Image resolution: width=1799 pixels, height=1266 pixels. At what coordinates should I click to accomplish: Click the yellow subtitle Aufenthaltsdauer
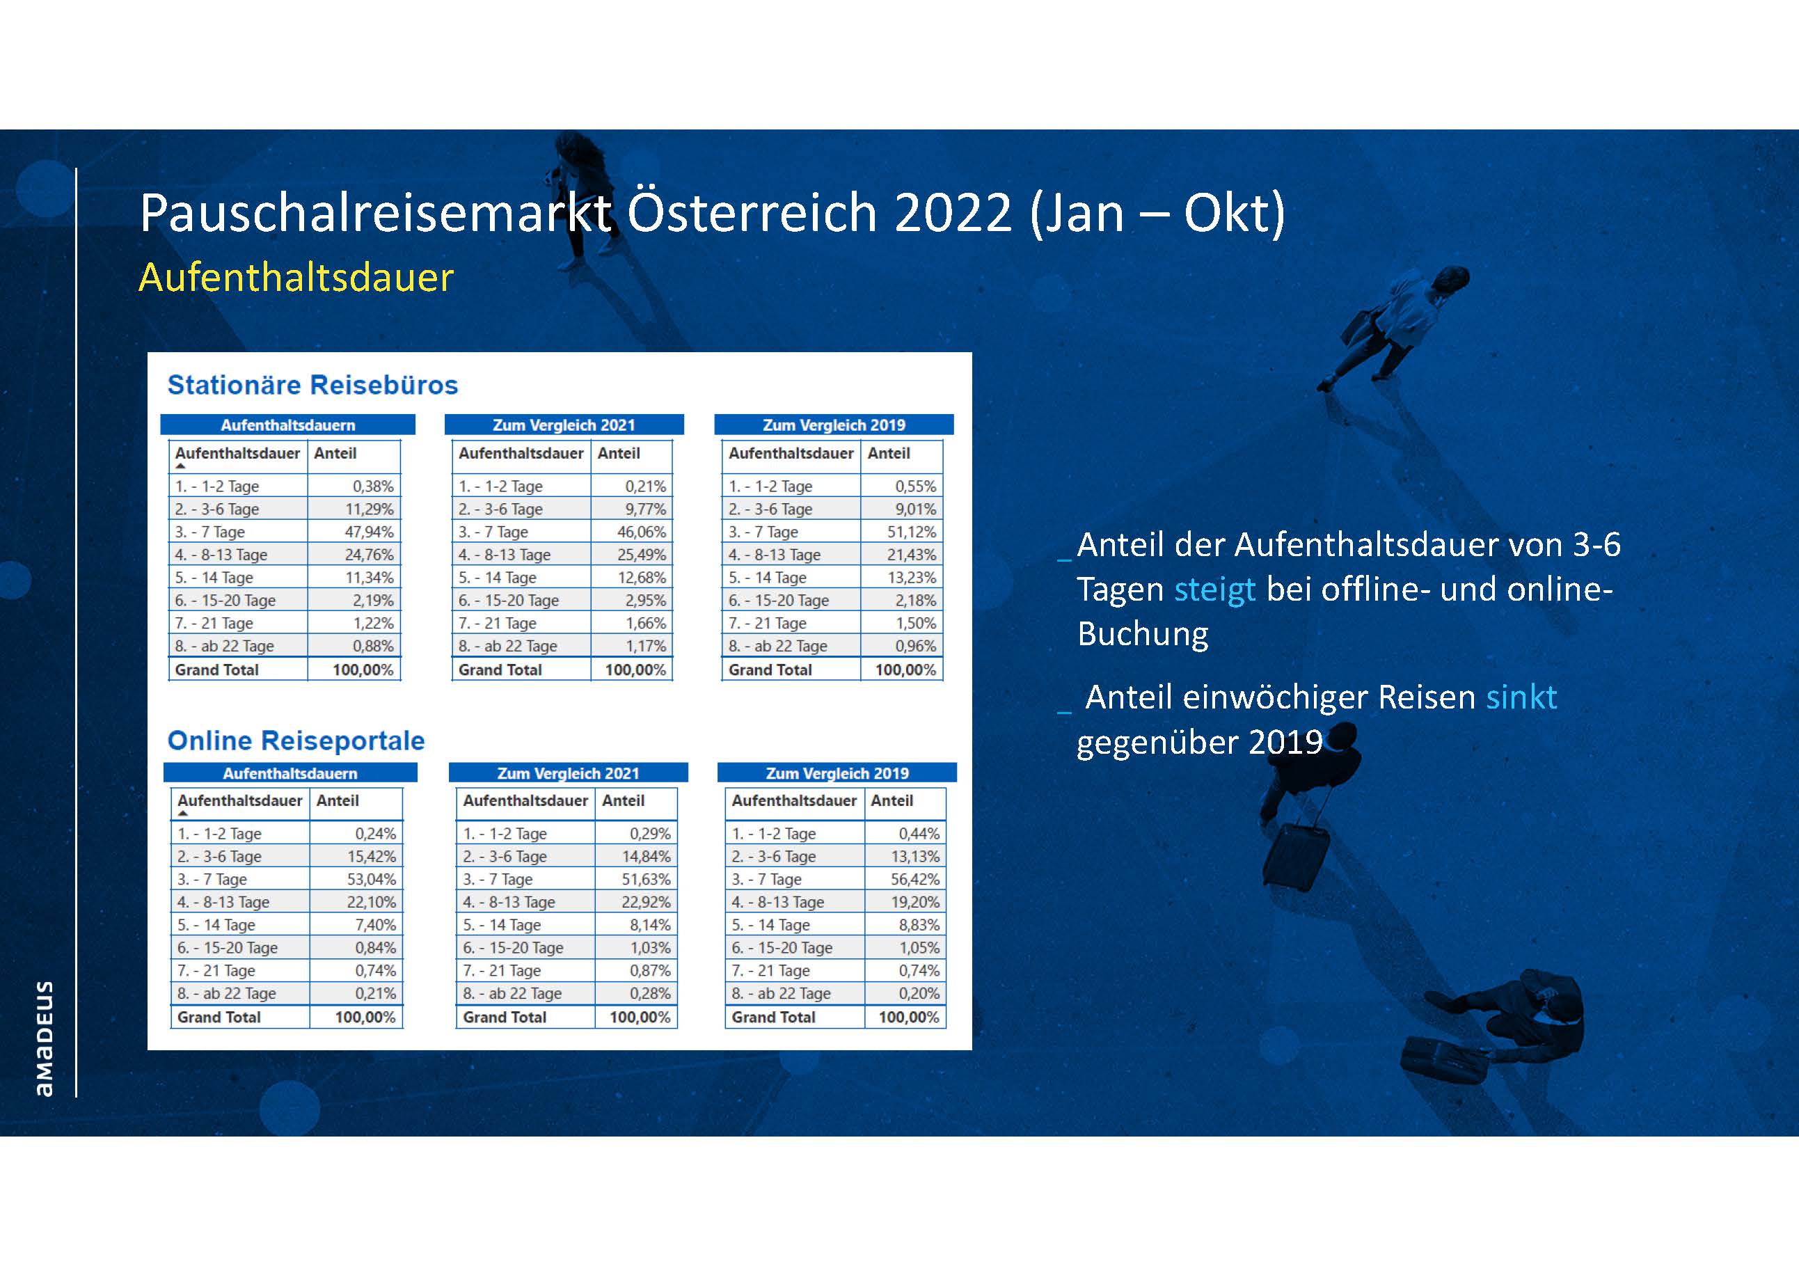point(296,277)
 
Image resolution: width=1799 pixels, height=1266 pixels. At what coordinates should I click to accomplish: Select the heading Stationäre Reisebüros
point(312,385)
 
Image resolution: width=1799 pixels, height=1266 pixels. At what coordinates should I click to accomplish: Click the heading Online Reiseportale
point(296,741)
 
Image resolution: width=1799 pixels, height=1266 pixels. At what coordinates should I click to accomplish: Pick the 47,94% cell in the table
point(369,532)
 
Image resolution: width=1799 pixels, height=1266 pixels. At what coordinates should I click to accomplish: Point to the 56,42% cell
point(914,879)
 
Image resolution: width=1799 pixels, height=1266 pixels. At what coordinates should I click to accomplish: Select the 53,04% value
point(372,879)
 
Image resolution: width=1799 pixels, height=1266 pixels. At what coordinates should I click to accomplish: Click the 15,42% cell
point(372,856)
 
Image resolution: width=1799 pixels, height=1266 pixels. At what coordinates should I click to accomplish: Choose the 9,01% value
point(916,509)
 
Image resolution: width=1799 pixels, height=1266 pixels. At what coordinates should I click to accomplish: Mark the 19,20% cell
point(914,902)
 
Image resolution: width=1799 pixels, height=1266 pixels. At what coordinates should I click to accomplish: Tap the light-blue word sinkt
point(1521,697)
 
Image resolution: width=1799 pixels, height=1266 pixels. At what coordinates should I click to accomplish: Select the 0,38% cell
point(373,486)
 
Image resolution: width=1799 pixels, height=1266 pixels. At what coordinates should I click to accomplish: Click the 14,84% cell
point(647,856)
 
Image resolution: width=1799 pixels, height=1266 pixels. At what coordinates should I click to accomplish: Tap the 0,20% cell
point(919,993)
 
